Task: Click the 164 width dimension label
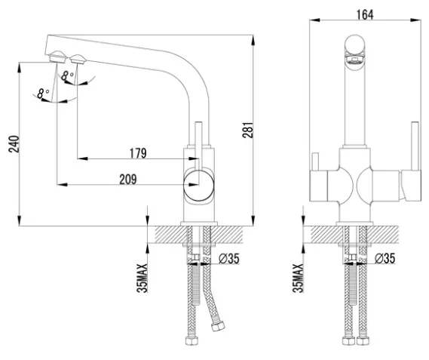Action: click(x=365, y=15)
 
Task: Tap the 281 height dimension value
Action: click(x=248, y=130)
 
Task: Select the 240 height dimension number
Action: click(x=14, y=144)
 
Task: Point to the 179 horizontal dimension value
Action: click(x=138, y=153)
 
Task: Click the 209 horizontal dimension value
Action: click(x=127, y=180)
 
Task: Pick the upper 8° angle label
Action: click(x=67, y=75)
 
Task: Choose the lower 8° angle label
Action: click(x=43, y=94)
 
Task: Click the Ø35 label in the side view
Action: click(x=229, y=258)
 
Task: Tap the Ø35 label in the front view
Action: click(x=385, y=258)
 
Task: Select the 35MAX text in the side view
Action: click(x=142, y=278)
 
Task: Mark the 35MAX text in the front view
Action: click(x=298, y=278)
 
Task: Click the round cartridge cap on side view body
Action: click(x=199, y=185)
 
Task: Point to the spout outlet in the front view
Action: click(x=354, y=59)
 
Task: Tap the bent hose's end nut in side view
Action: click(x=218, y=326)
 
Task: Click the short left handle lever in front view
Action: click(x=315, y=162)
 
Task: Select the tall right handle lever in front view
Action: click(x=415, y=146)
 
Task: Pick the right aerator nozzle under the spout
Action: click(x=78, y=59)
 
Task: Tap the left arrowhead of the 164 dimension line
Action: click(x=314, y=20)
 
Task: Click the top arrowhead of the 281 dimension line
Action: click(x=253, y=40)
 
